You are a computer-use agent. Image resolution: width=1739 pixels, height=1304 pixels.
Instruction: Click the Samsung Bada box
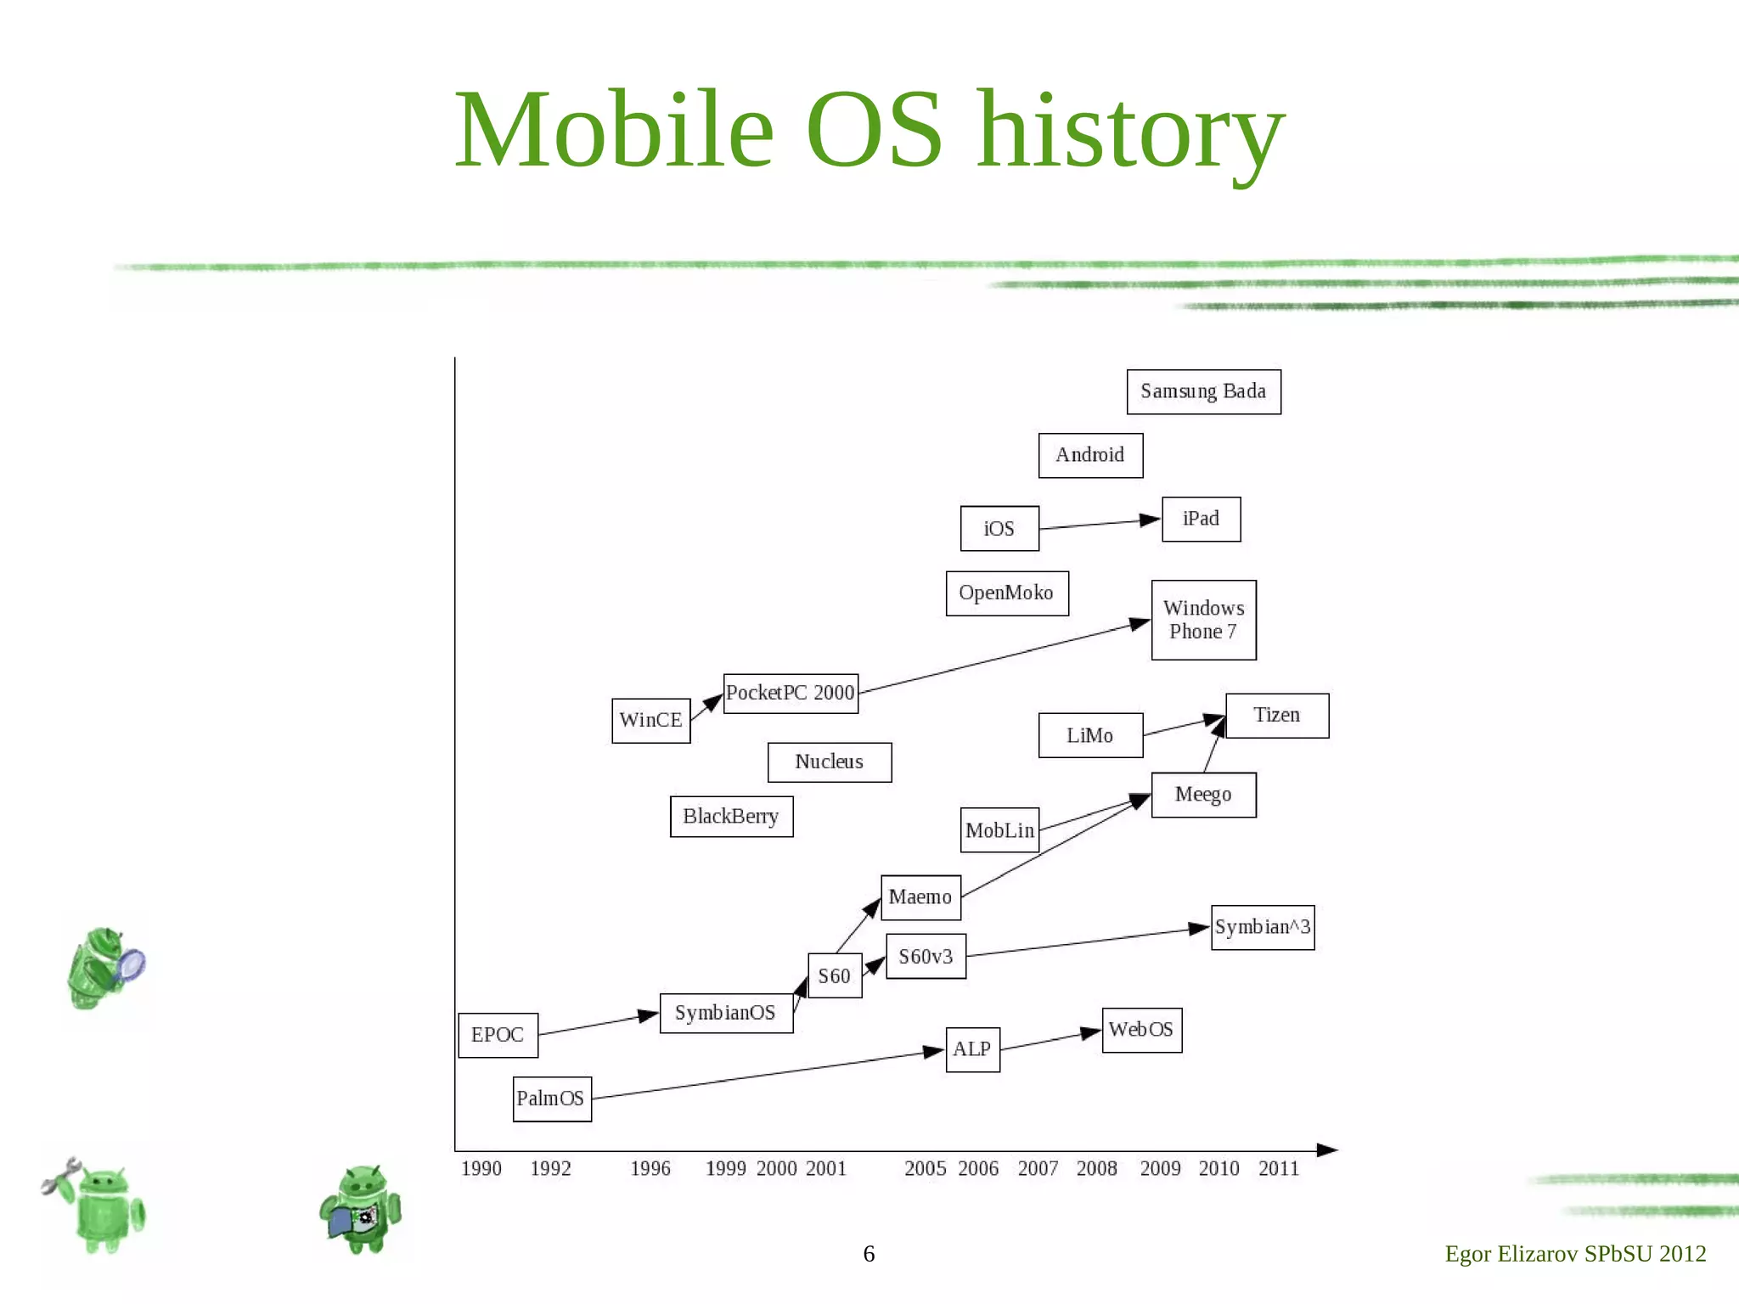point(1203,391)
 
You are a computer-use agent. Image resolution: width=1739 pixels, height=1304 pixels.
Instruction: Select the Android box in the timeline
point(1090,455)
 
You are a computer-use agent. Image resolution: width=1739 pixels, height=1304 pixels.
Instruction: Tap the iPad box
point(1201,519)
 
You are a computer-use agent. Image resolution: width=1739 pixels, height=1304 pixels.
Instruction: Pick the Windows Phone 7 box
point(1203,620)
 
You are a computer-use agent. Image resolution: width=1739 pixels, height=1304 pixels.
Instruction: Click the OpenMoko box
point(1006,593)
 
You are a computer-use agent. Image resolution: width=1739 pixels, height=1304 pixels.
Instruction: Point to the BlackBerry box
point(731,816)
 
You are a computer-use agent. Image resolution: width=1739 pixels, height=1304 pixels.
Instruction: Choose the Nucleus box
point(830,762)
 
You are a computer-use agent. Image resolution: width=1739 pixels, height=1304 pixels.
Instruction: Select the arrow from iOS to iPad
point(1099,524)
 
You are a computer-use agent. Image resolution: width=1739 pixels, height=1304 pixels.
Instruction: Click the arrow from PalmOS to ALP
point(764,1076)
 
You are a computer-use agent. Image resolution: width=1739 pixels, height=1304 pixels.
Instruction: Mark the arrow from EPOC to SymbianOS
point(598,1025)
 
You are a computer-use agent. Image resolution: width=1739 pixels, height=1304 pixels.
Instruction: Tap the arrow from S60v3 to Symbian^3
point(1087,942)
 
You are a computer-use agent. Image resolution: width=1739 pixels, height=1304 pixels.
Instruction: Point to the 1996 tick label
point(650,1169)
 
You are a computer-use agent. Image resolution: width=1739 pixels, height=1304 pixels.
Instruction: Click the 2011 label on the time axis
point(1279,1169)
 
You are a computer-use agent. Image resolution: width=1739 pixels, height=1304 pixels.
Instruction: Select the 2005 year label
point(926,1169)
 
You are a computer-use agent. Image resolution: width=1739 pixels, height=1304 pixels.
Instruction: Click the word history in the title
point(1129,132)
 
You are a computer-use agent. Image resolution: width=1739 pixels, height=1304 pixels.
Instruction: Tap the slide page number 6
point(869,1254)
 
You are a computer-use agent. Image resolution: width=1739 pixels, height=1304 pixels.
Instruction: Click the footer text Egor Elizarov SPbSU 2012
point(1575,1254)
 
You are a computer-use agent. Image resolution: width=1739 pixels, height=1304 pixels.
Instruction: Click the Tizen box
point(1277,716)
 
